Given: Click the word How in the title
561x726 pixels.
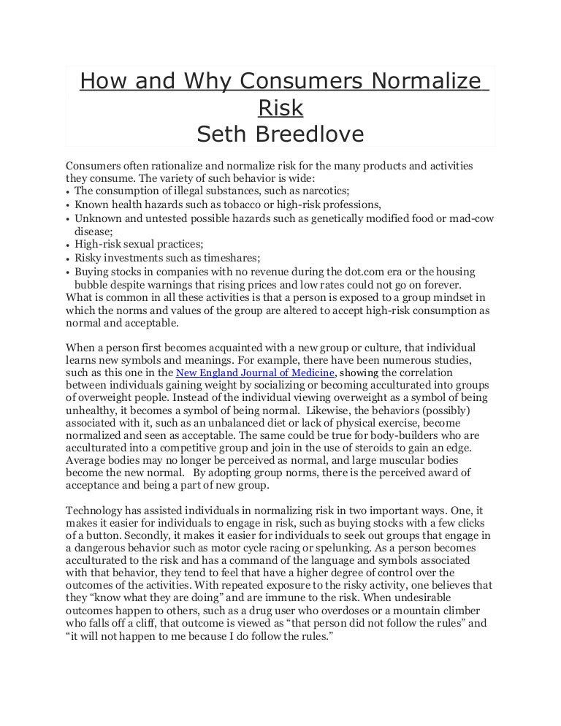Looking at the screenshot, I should coord(99,82).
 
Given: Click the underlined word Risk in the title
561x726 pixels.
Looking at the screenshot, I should coord(280,108).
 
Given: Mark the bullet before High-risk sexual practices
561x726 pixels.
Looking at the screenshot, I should coord(68,245).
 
